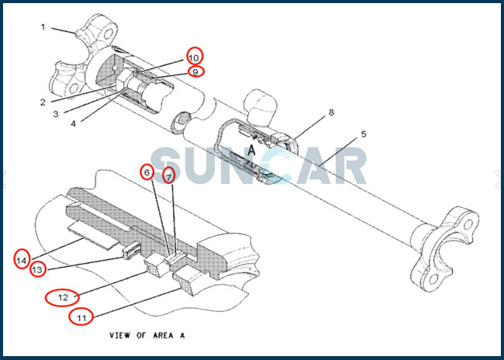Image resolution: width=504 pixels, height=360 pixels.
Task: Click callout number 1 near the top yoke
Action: (x=43, y=27)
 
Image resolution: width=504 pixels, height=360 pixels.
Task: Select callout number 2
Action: (x=43, y=102)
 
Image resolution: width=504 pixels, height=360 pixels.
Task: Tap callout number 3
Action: (x=56, y=114)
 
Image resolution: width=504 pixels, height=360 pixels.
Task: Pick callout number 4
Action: (x=74, y=123)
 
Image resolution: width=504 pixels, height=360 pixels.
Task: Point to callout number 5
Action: (x=364, y=133)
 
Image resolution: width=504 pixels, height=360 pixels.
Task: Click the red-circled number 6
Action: (x=147, y=173)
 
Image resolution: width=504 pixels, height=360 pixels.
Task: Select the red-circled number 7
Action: (x=169, y=175)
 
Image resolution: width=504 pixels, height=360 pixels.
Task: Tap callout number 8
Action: (x=331, y=112)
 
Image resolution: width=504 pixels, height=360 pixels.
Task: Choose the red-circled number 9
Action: (x=195, y=71)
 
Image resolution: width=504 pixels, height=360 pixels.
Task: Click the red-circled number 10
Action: (x=194, y=57)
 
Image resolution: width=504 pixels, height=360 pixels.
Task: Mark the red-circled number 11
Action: (x=81, y=318)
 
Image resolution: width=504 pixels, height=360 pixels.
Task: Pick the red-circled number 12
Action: (x=62, y=298)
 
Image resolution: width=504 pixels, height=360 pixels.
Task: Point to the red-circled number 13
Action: (x=38, y=269)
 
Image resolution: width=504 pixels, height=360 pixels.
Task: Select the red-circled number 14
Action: (x=22, y=260)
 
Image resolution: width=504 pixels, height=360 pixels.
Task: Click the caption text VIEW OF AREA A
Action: (x=147, y=335)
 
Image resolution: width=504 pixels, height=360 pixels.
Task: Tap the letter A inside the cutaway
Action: (x=252, y=150)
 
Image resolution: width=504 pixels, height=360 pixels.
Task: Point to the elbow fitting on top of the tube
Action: (x=260, y=107)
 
